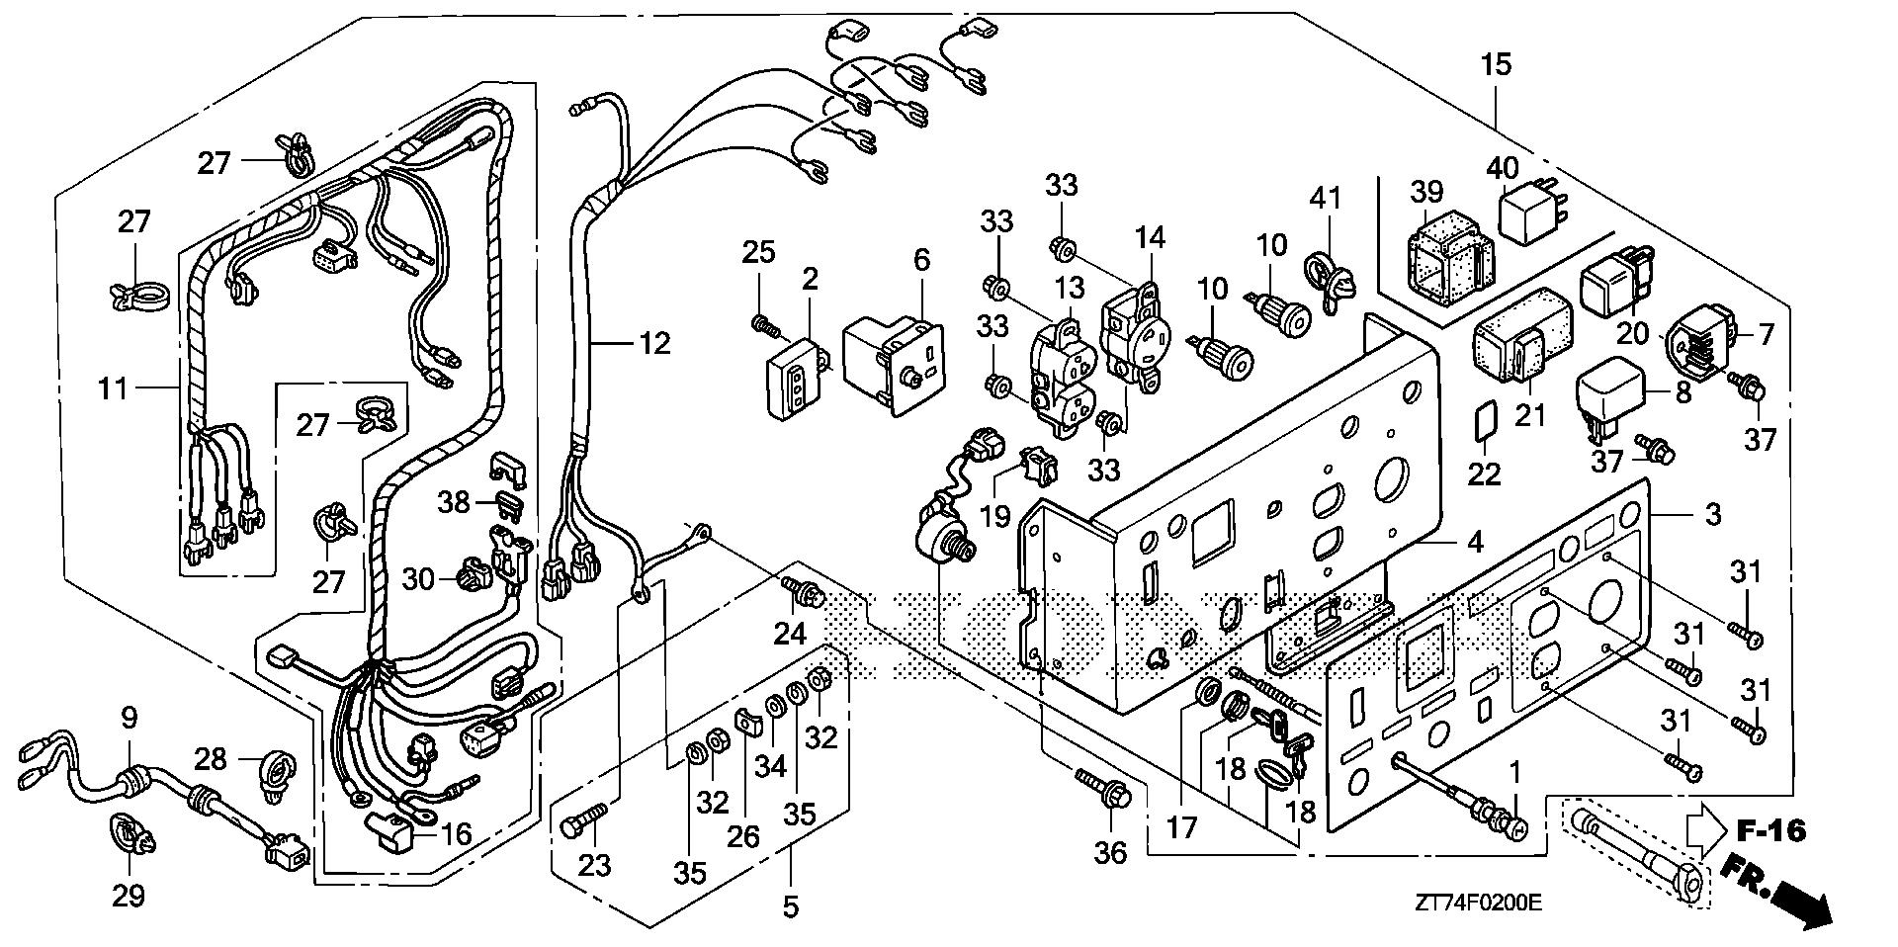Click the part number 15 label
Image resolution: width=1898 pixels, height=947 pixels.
(x=1497, y=66)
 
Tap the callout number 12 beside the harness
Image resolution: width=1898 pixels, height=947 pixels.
(x=653, y=343)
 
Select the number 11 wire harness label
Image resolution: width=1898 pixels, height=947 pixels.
(x=114, y=388)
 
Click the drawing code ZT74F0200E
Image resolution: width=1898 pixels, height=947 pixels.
(x=1478, y=903)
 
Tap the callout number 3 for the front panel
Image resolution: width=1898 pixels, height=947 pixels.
(x=1712, y=515)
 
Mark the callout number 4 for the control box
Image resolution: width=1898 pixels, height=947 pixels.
(x=1475, y=542)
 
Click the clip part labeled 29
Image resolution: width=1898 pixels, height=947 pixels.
(x=130, y=836)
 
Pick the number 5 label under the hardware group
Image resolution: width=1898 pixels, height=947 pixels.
(x=791, y=906)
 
